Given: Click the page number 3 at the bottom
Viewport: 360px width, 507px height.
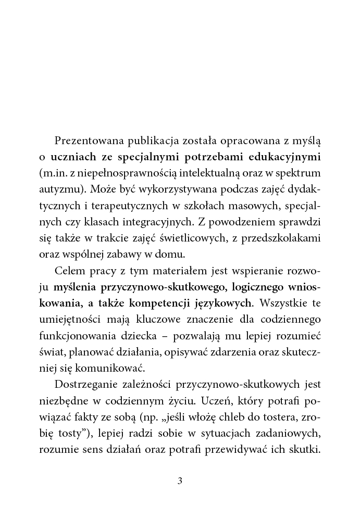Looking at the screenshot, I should [180, 480].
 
